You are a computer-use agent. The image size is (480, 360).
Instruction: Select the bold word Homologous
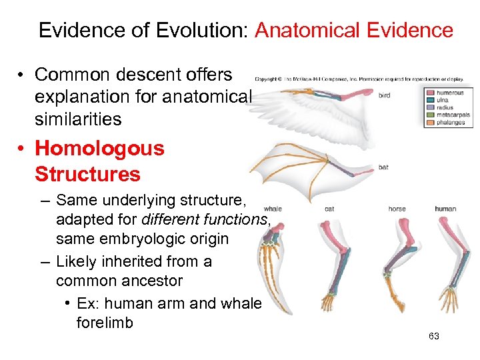99,148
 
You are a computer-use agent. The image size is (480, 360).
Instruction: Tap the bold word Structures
87,174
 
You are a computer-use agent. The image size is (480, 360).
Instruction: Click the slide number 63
434,336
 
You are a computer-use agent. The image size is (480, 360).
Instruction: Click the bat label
383,167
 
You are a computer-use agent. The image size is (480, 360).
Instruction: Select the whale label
273,209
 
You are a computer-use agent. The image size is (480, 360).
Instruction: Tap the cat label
329,209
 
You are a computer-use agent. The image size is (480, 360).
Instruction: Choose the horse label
397,209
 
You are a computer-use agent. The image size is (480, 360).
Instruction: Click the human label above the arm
445,209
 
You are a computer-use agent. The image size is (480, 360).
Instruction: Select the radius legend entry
445,108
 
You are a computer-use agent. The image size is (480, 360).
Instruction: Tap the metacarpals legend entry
453,115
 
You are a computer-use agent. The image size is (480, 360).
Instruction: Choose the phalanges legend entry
451,123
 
